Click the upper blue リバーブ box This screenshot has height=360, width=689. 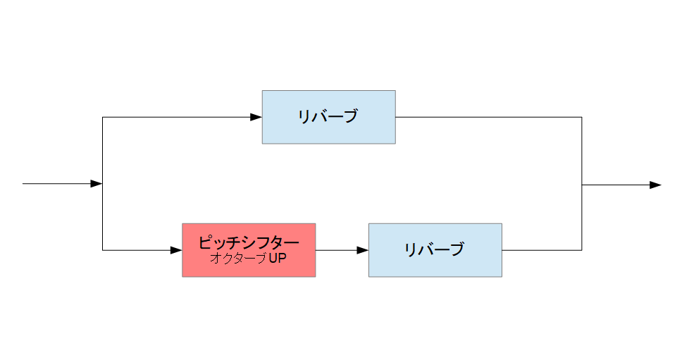point(329,117)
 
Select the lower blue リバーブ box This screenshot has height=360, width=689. point(435,250)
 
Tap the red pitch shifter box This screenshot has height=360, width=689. point(249,250)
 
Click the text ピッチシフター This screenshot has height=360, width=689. point(249,242)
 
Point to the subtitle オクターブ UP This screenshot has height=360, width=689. point(248,258)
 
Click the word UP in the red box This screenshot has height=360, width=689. point(278,258)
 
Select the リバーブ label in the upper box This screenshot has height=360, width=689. point(328,116)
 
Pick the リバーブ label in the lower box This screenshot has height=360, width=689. point(435,249)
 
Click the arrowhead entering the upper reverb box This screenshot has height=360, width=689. point(256,117)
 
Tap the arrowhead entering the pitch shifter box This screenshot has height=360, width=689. point(176,250)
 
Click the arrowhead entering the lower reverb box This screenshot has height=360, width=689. point(363,250)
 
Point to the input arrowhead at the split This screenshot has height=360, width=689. point(97,184)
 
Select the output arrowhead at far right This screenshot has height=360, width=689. point(655,185)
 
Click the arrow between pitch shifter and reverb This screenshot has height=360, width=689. point(342,250)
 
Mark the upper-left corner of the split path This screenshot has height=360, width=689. point(102,117)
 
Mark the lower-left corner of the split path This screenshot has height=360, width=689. point(102,250)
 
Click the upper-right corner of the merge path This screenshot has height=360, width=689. point(582,117)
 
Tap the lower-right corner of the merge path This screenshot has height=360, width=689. point(582,250)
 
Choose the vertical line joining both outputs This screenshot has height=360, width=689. point(582,184)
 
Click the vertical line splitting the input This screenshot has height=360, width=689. point(102,184)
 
